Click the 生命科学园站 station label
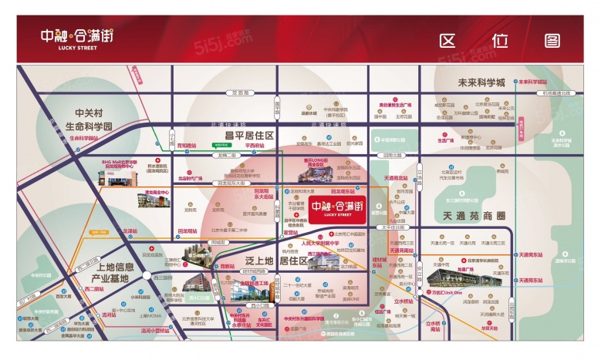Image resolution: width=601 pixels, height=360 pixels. tap(84, 138)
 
